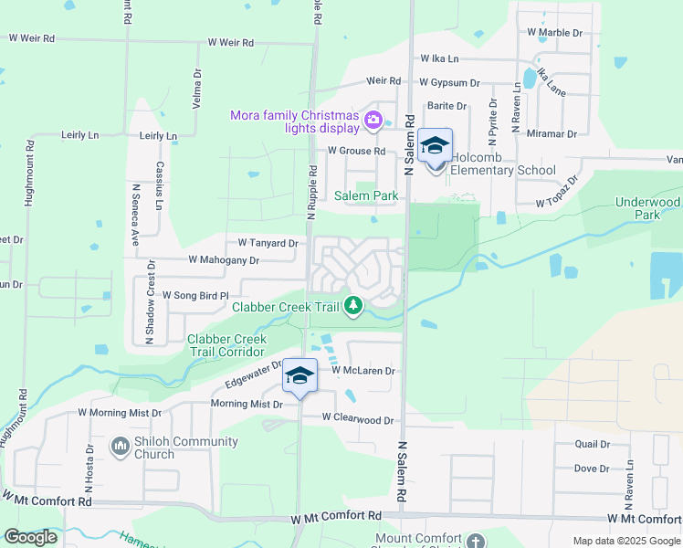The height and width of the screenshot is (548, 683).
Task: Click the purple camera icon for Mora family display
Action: coord(373,120)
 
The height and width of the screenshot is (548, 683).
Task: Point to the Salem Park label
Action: coord(365,195)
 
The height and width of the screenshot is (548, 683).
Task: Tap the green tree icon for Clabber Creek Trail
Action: coord(354,307)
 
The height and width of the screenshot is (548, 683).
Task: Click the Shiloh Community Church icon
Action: coord(119,447)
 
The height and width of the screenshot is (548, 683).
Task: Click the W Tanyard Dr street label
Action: coord(268,243)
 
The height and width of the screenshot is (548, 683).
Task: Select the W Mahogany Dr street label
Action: coord(224,259)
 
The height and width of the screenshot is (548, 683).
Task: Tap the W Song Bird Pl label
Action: coord(198,295)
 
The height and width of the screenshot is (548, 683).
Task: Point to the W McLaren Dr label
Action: coord(363,371)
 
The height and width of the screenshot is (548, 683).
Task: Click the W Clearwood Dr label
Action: coord(358,420)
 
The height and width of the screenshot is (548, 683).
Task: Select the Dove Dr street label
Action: coord(592,469)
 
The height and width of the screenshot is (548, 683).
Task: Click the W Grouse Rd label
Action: coord(356,151)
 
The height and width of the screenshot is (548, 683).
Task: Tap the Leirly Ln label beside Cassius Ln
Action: coord(158,135)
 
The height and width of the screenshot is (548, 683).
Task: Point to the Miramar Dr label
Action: coord(552,133)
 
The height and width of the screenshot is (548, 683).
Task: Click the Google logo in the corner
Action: coord(30,537)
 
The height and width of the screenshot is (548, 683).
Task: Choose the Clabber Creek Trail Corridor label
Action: coord(226,346)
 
